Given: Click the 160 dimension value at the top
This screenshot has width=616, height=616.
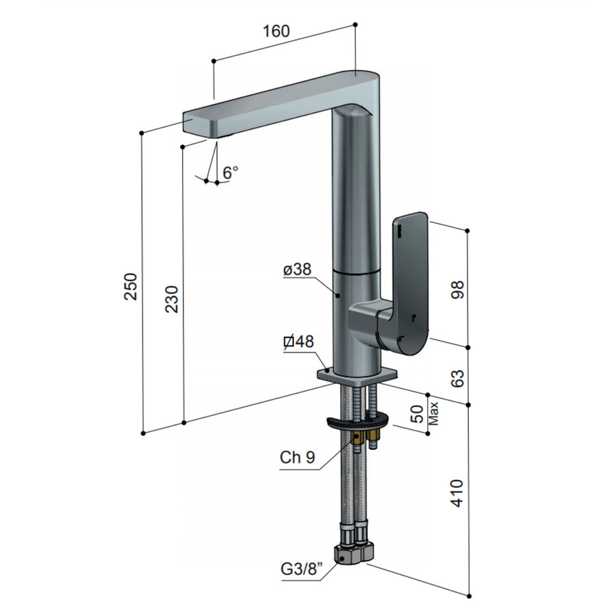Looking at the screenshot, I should click(x=275, y=31).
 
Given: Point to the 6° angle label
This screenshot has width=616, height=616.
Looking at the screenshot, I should click(x=231, y=172).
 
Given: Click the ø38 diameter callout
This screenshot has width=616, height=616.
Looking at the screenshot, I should click(x=297, y=270).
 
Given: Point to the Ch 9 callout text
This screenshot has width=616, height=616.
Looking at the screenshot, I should click(x=297, y=458).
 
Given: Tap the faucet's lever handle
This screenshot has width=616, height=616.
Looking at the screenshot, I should click(x=409, y=281).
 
